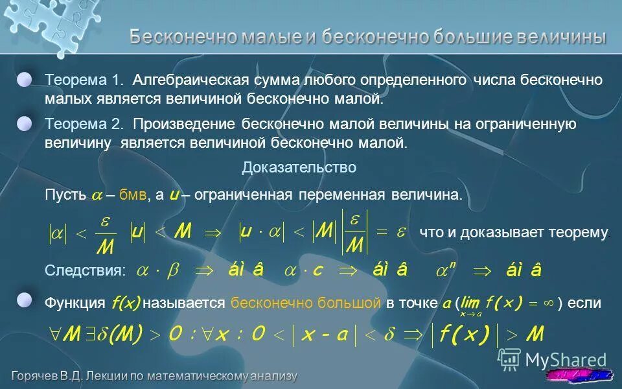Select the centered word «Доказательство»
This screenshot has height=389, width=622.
(x=299, y=168)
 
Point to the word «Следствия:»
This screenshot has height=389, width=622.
(x=85, y=271)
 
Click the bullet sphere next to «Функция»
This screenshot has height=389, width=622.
(x=25, y=300)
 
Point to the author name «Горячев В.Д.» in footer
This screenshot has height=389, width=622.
(x=52, y=376)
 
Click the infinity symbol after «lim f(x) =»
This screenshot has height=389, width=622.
(x=548, y=302)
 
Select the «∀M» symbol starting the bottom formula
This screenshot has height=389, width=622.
(x=65, y=334)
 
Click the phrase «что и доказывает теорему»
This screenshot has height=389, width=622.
(x=514, y=233)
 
